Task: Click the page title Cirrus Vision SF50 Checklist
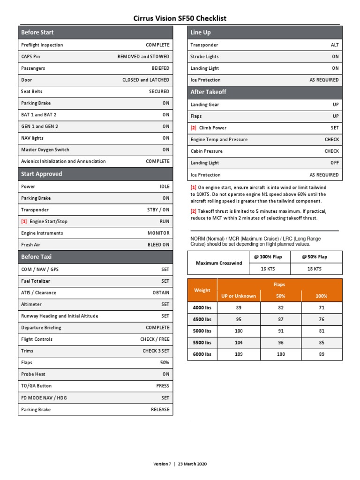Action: (180, 18)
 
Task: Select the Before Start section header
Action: (37, 32)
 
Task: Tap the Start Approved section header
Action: (41, 174)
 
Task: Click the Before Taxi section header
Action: (36, 257)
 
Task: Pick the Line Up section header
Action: (201, 32)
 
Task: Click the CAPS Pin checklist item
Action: (30, 57)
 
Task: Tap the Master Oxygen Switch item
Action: (45, 150)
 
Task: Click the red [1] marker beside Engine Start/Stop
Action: (23, 221)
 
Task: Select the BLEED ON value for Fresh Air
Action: (158, 245)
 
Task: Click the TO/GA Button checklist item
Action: (37, 386)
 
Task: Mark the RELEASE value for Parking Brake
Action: (160, 410)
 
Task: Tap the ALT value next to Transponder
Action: (335, 45)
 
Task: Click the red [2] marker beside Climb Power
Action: (193, 128)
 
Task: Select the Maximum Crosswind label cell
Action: (219, 263)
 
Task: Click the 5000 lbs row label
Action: (202, 331)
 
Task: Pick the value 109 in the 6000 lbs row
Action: (239, 354)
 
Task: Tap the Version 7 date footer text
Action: (180, 464)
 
